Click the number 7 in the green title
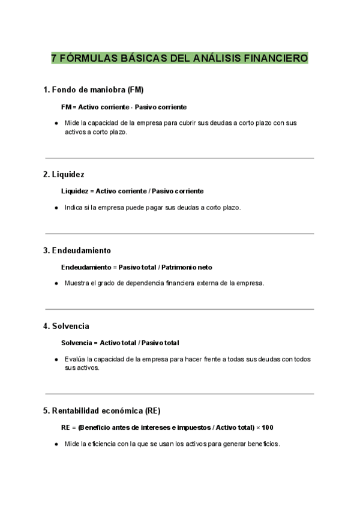54,58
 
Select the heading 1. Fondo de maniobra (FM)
94,90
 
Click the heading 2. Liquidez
64,174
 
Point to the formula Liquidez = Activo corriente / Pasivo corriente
132,191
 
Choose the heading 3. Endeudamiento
77,250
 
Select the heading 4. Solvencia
66,326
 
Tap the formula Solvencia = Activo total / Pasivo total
120,343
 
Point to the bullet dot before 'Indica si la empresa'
56,207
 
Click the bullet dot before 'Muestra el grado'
56,283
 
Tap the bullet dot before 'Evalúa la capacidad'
56,359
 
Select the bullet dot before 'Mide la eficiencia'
56,444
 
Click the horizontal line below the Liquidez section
179,233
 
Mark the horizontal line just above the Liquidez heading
179,158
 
